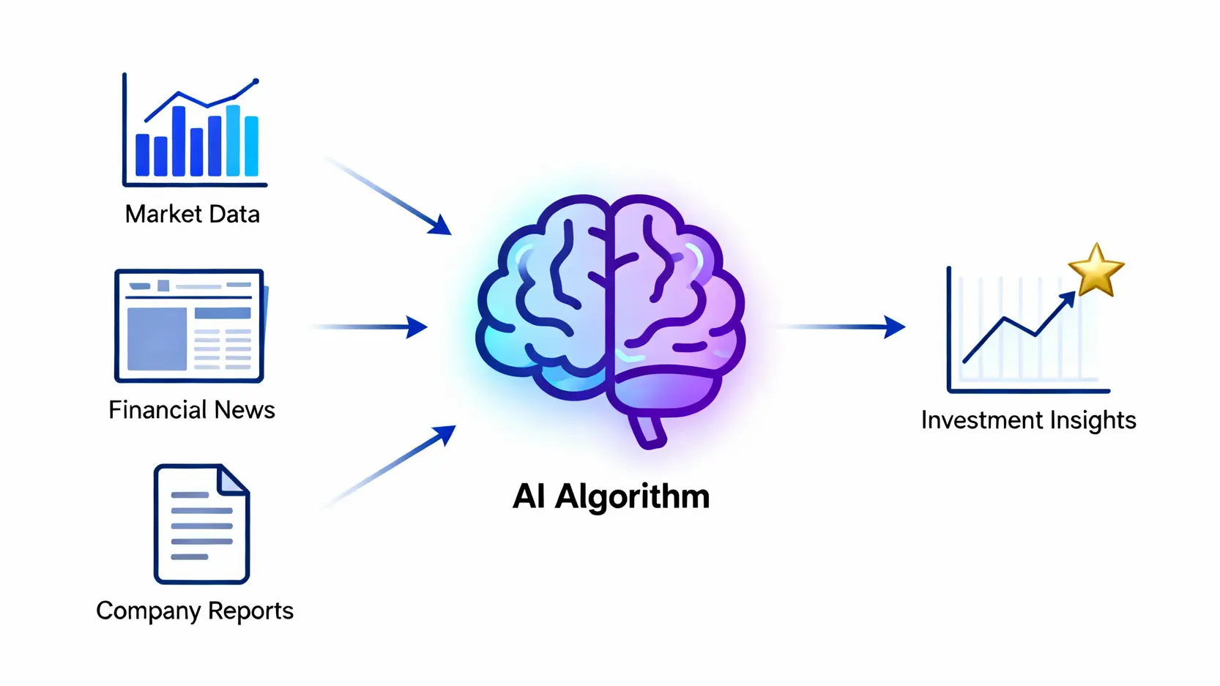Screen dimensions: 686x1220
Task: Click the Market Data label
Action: click(x=193, y=214)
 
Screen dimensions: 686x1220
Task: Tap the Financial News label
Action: click(x=192, y=410)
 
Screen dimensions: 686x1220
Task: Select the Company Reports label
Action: click(x=195, y=611)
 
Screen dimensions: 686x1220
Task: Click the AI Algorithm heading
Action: click(x=611, y=496)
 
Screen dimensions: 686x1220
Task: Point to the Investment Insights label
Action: click(x=1028, y=420)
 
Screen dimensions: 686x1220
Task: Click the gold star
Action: click(x=1096, y=271)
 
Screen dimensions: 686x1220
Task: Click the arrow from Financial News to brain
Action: click(x=370, y=327)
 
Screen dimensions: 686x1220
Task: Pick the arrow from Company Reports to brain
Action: click(x=388, y=466)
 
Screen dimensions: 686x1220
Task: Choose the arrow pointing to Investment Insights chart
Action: click(x=842, y=327)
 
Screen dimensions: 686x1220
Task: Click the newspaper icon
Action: click(x=189, y=326)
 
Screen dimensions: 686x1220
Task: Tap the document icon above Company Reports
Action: click(x=201, y=523)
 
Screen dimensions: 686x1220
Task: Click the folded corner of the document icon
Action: click(x=234, y=480)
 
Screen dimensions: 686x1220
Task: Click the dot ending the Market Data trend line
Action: click(x=256, y=81)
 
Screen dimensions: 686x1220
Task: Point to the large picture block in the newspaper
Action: click(x=157, y=338)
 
